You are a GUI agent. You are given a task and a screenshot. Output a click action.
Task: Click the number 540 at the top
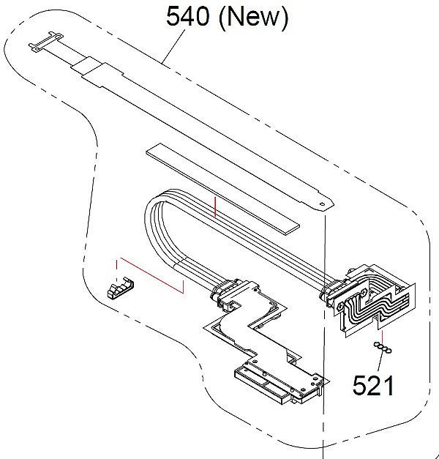(x=187, y=16)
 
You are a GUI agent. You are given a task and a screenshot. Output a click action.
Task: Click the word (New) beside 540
(x=253, y=18)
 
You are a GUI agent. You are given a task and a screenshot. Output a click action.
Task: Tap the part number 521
(x=373, y=385)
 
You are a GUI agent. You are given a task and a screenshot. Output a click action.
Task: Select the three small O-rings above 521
(x=383, y=348)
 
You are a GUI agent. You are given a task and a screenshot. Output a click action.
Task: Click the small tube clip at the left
(x=120, y=288)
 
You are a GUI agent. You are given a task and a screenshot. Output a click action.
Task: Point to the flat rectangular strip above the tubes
(x=223, y=189)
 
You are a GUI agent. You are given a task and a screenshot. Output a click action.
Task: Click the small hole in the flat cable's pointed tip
(x=322, y=204)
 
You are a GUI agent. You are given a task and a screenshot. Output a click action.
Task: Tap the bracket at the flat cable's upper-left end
(x=46, y=42)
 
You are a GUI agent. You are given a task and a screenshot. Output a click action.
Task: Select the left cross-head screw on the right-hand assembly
(x=341, y=306)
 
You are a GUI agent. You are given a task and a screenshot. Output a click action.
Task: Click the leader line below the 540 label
(x=173, y=47)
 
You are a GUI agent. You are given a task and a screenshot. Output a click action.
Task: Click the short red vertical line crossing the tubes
(x=215, y=206)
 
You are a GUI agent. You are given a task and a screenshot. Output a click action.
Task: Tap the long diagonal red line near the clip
(x=151, y=275)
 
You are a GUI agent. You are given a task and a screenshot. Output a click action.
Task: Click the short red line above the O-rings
(x=382, y=335)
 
